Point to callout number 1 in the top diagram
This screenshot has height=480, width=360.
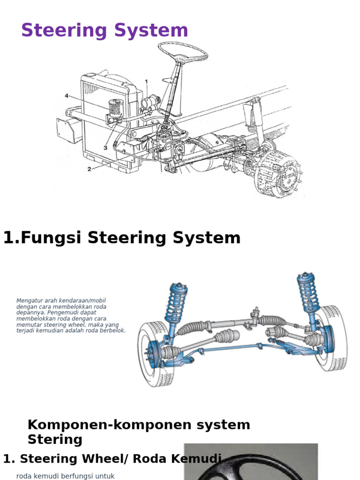point(146,82)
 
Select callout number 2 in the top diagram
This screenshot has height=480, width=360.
point(89,169)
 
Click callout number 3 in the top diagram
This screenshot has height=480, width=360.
point(105,148)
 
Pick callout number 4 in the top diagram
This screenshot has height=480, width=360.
point(67,96)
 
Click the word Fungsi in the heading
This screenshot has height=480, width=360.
point(52,238)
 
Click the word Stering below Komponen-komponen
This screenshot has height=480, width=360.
point(55,440)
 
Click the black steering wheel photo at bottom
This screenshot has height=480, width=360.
point(251,464)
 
